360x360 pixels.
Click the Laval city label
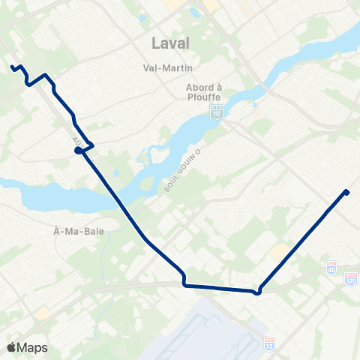[x=171, y=43]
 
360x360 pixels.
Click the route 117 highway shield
[x=216, y=113]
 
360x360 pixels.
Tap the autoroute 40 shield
[x=332, y=266]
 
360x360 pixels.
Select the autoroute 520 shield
[x=350, y=278]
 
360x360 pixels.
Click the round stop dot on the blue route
[x=78, y=150]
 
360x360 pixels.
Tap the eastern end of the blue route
[x=347, y=192]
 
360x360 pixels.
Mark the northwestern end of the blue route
[x=13, y=67]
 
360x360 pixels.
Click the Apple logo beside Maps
[x=12, y=347]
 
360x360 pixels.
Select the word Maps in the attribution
[x=33, y=347]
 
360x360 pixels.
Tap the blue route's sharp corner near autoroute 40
[x=258, y=292]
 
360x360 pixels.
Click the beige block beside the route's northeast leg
[x=280, y=251]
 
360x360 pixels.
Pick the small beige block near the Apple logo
[x=43, y=312]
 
